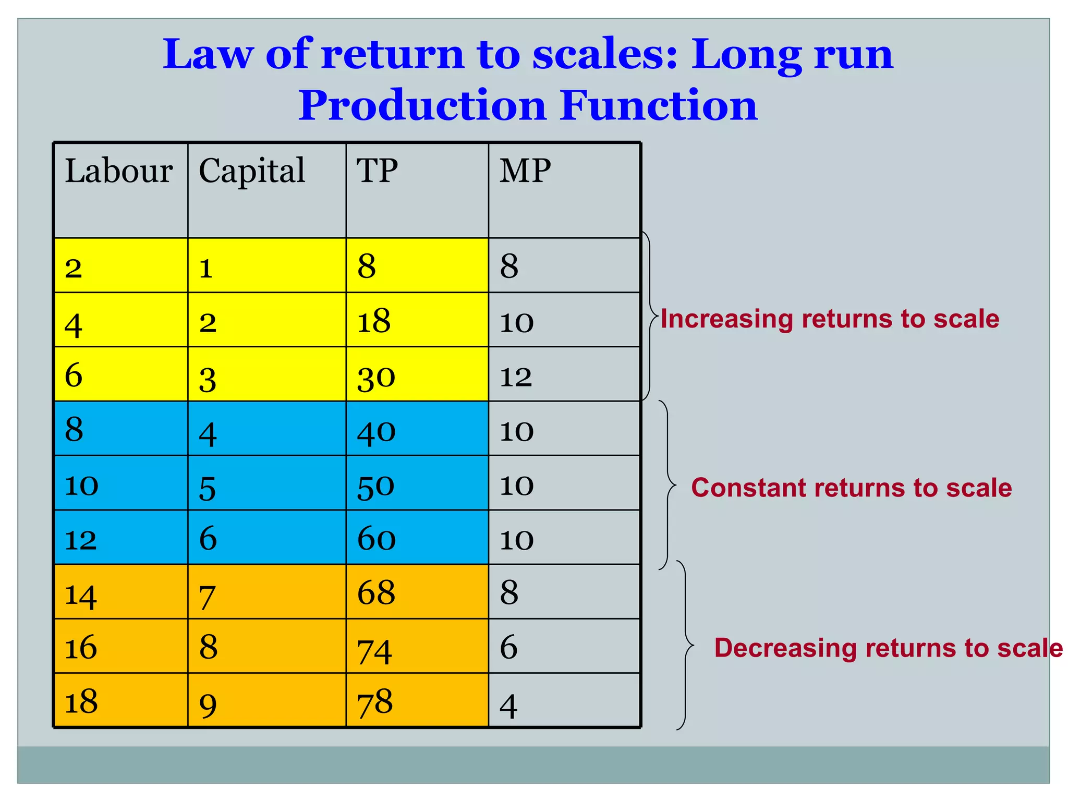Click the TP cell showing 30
pos(376,377)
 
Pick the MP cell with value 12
pos(516,376)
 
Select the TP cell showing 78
pos(375,702)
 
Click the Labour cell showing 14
pos(81,594)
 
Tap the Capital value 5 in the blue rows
pos(208,488)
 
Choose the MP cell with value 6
pos(508,647)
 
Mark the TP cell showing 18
pos(374,321)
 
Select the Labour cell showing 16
pos(81,647)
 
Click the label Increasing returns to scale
pos(830,319)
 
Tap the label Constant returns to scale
pos(851,488)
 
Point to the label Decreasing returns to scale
pos(888,648)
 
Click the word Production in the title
pos(422,105)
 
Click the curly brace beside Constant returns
pos(668,485)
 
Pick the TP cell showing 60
pos(376,538)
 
